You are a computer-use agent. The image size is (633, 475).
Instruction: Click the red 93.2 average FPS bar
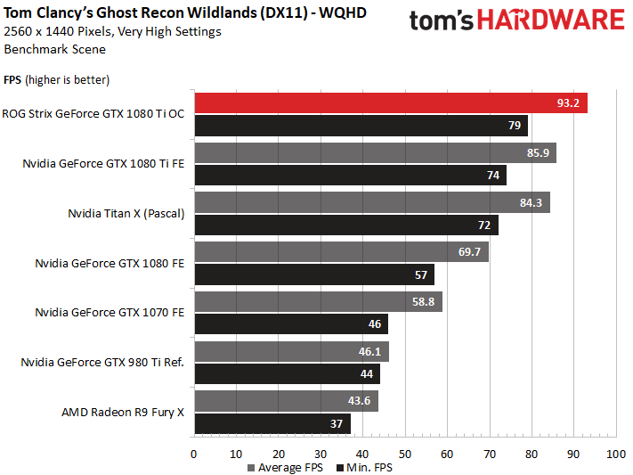391,103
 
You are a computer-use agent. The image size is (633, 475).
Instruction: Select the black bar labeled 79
361,126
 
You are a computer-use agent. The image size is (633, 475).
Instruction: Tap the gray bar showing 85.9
376,152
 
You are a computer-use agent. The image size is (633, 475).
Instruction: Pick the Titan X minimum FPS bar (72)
346,225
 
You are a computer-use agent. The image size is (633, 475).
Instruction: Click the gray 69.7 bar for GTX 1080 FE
342,252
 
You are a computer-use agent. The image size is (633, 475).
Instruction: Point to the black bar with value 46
291,323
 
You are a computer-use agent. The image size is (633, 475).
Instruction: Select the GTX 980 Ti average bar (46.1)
292,352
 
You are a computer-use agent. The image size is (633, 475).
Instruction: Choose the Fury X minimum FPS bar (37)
272,423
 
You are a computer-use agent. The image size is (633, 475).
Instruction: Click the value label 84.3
531,202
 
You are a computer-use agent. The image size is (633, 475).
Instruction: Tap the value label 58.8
423,301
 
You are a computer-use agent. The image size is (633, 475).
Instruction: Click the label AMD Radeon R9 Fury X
123,413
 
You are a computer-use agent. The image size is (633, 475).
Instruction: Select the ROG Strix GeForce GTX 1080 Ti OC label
93,113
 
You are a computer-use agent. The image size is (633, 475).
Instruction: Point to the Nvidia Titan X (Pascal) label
126,214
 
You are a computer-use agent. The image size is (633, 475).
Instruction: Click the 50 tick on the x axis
405,455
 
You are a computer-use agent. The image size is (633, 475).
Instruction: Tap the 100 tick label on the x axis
616,455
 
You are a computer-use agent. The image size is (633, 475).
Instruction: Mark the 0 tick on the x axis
194,455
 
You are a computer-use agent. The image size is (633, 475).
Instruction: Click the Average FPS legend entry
285,468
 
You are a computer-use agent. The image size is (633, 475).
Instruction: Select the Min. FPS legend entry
364,468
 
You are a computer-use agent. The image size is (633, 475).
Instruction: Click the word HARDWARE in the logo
550,20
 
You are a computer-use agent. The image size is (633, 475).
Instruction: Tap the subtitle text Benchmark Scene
55,49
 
